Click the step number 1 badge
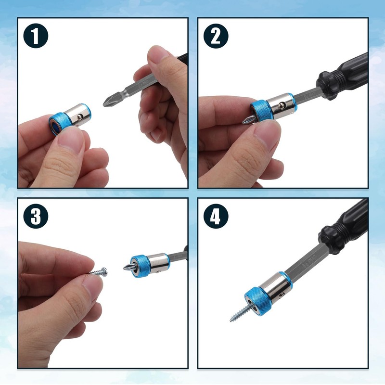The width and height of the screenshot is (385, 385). pos(36,36)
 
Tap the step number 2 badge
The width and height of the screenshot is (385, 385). pos(216,36)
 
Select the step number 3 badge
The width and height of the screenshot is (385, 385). pos(36,216)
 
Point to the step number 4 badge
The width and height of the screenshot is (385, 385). pos(216,216)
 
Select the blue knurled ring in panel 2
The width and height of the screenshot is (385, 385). pos(260,111)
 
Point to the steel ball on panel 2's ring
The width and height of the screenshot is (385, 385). pos(281,106)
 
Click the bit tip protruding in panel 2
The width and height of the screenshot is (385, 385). pos(247,120)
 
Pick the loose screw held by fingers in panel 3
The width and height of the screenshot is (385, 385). pos(98,272)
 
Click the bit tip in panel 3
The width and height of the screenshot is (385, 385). pos(128,267)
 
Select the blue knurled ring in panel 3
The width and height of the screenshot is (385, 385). pos(140,267)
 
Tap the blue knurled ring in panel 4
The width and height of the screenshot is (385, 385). pos(257,301)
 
